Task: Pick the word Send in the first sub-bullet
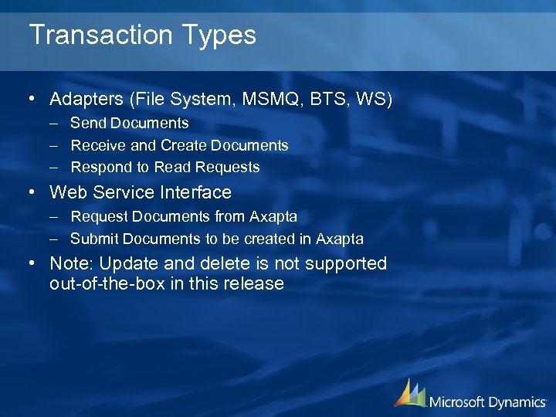click(x=88, y=123)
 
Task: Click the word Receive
click(x=97, y=145)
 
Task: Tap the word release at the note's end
click(x=254, y=283)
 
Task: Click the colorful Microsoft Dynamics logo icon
click(x=409, y=393)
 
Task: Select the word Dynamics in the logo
click(x=516, y=402)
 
